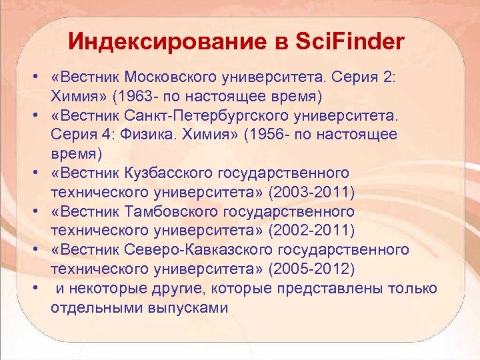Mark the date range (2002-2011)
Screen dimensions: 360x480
pos(311,231)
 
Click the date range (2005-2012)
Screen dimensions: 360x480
pos(311,269)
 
